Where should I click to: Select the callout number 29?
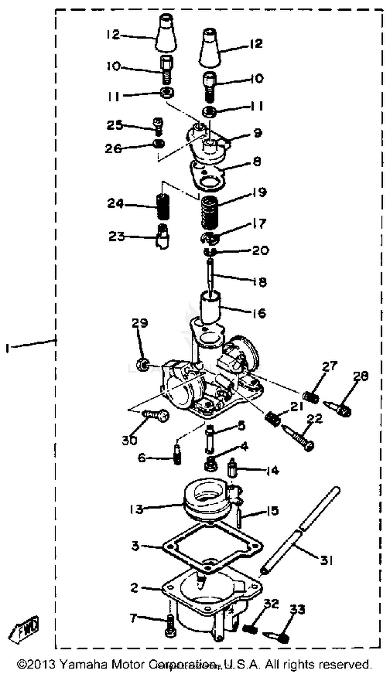(x=139, y=323)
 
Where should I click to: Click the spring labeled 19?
(x=209, y=213)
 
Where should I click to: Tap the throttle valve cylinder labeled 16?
(x=210, y=307)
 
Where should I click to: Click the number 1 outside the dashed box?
(x=8, y=348)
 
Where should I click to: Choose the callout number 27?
(x=329, y=366)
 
